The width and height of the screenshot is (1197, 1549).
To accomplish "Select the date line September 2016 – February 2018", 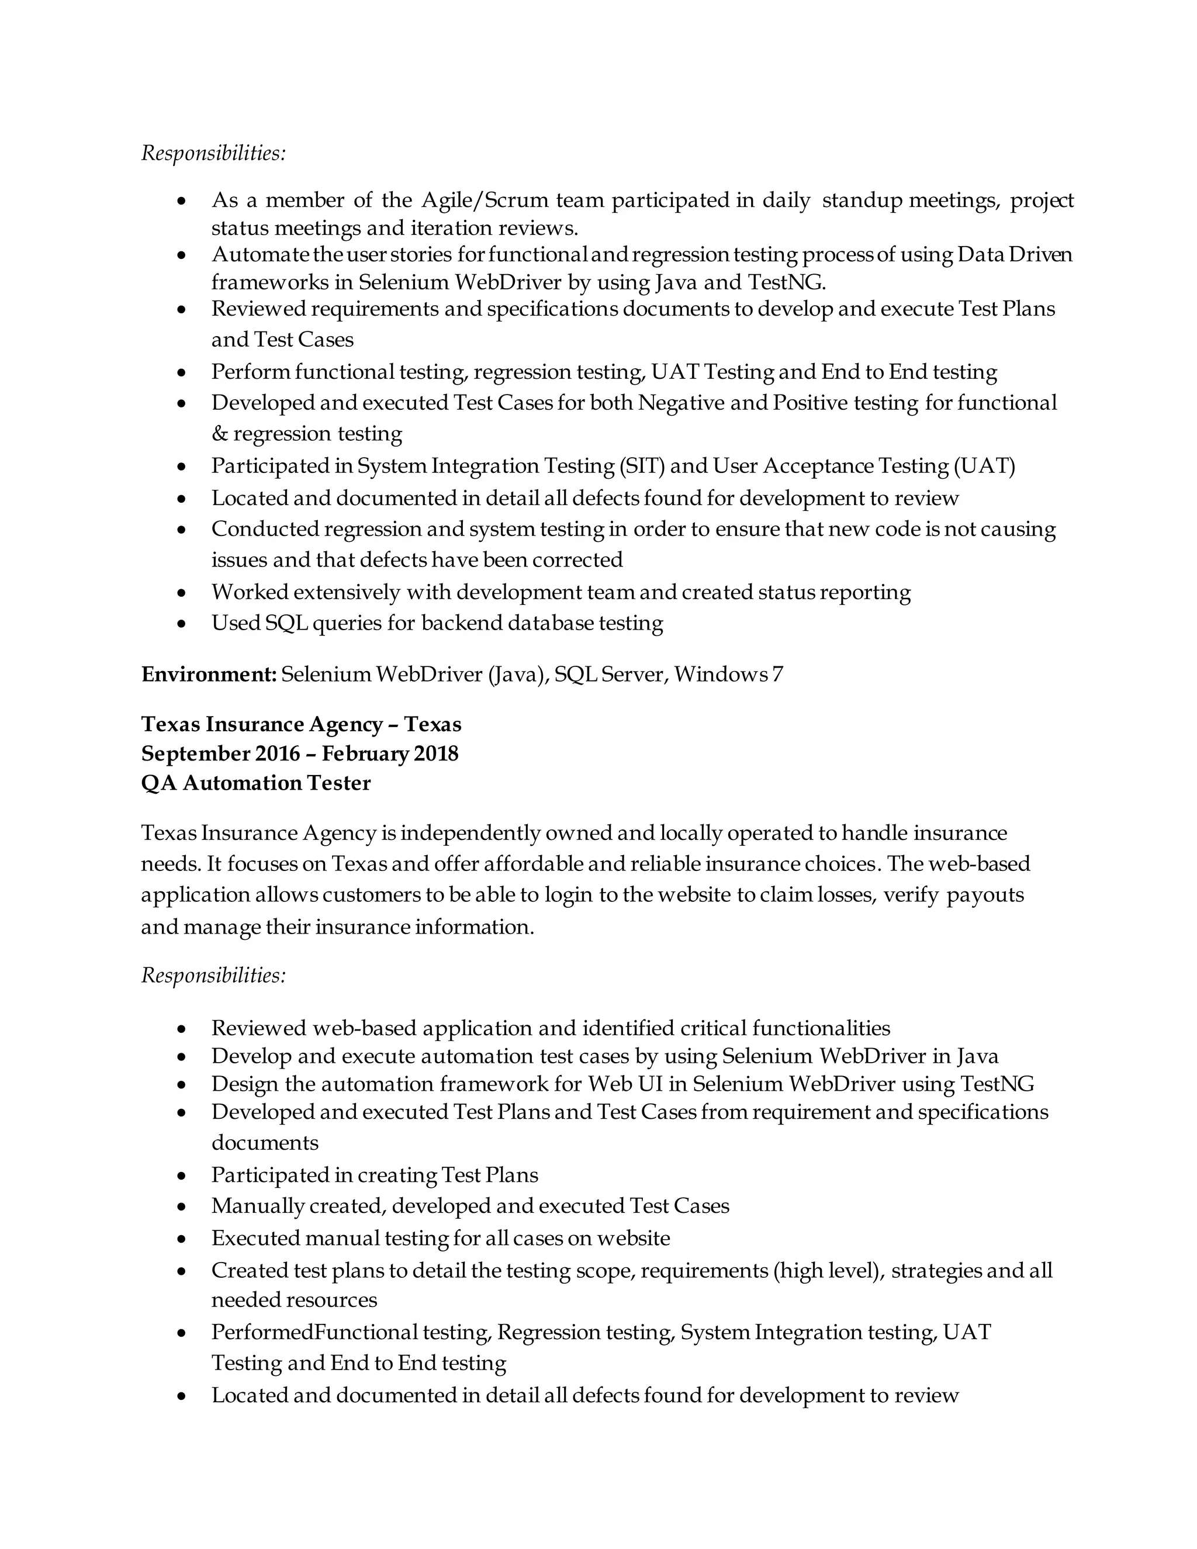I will (x=299, y=753).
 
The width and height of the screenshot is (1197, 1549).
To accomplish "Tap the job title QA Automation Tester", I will (x=255, y=783).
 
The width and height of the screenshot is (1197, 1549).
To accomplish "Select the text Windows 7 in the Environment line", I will (x=728, y=675).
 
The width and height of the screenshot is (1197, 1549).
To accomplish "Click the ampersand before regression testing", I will (x=219, y=433).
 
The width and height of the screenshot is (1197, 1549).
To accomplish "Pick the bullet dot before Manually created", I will (x=182, y=1207).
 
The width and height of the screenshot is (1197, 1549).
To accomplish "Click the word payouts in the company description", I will (x=985, y=895).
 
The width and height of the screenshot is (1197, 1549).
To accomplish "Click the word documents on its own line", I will (x=265, y=1143).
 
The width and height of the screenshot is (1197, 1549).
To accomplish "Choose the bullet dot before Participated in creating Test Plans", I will (x=182, y=1177).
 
